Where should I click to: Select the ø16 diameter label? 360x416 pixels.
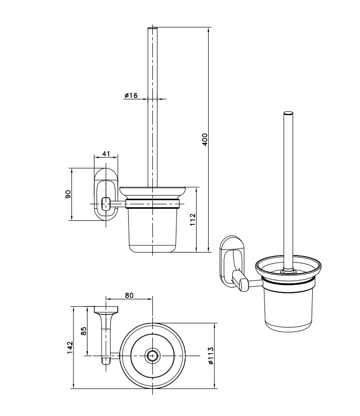pyautogui.click(x=131, y=96)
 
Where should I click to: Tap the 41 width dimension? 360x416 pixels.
pyautogui.click(x=106, y=154)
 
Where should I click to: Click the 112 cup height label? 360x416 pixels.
pyautogui.click(x=192, y=220)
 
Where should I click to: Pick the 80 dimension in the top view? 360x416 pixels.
pyautogui.click(x=129, y=296)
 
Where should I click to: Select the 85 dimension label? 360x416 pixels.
pyautogui.click(x=84, y=331)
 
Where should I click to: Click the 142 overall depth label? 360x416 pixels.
pyautogui.click(x=70, y=347)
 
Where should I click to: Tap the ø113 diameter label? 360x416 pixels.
pyautogui.click(x=211, y=355)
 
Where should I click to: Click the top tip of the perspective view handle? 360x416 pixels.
pyautogui.click(x=288, y=111)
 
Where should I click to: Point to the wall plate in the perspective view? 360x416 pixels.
pyautogui.click(x=231, y=256)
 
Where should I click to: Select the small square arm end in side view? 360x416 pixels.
pyautogui.click(x=106, y=204)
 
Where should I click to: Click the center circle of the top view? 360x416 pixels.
pyautogui.click(x=152, y=355)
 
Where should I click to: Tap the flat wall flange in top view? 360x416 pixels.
pyautogui.click(x=107, y=309)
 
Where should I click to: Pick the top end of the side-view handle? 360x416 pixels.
pyautogui.click(x=152, y=29)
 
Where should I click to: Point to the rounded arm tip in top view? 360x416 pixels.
pyautogui.click(x=106, y=360)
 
